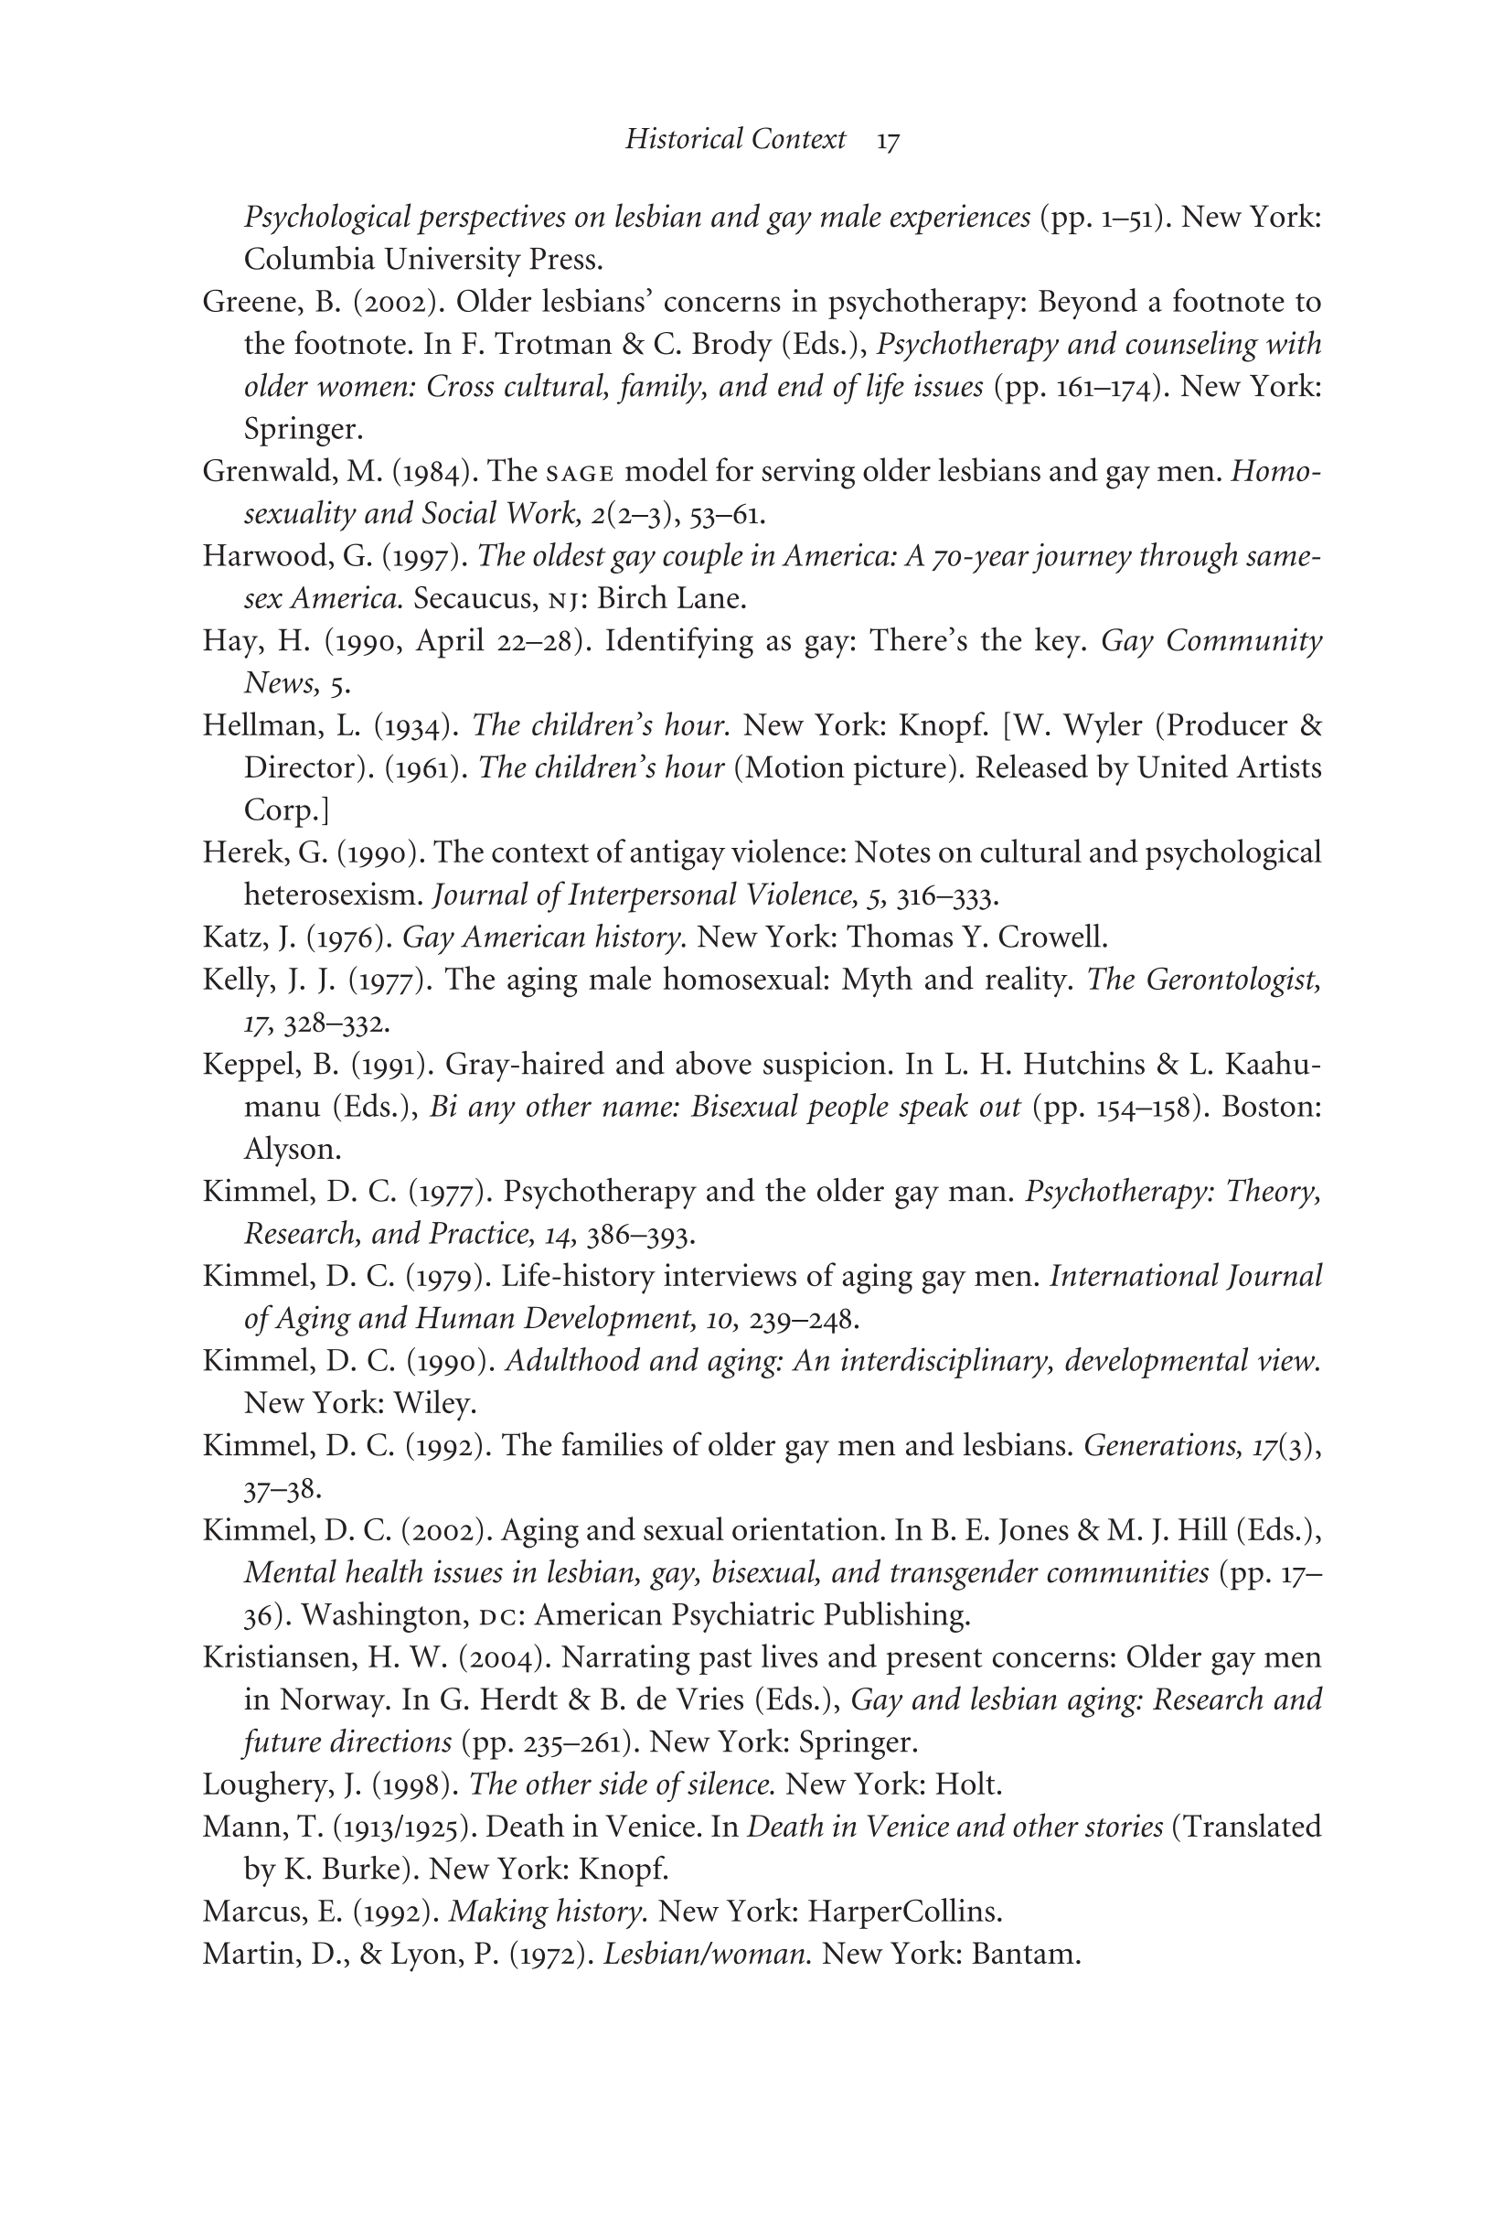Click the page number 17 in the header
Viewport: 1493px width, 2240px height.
(888, 142)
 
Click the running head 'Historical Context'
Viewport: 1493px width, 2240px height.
(735, 140)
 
